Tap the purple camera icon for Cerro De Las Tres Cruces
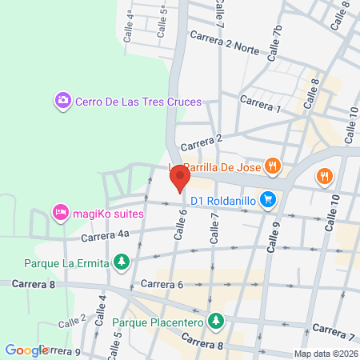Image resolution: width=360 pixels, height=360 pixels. (x=62, y=102)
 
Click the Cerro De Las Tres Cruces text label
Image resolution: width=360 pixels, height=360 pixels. (x=138, y=102)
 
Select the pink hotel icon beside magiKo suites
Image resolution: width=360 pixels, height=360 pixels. (x=59, y=214)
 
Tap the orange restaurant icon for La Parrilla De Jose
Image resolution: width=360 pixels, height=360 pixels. (x=273, y=166)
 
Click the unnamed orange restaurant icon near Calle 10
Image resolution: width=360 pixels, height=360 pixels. (x=324, y=176)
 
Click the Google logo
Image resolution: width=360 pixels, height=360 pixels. (x=27, y=350)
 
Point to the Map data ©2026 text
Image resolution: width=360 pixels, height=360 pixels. (x=325, y=353)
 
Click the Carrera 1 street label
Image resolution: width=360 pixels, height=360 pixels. (x=260, y=105)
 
